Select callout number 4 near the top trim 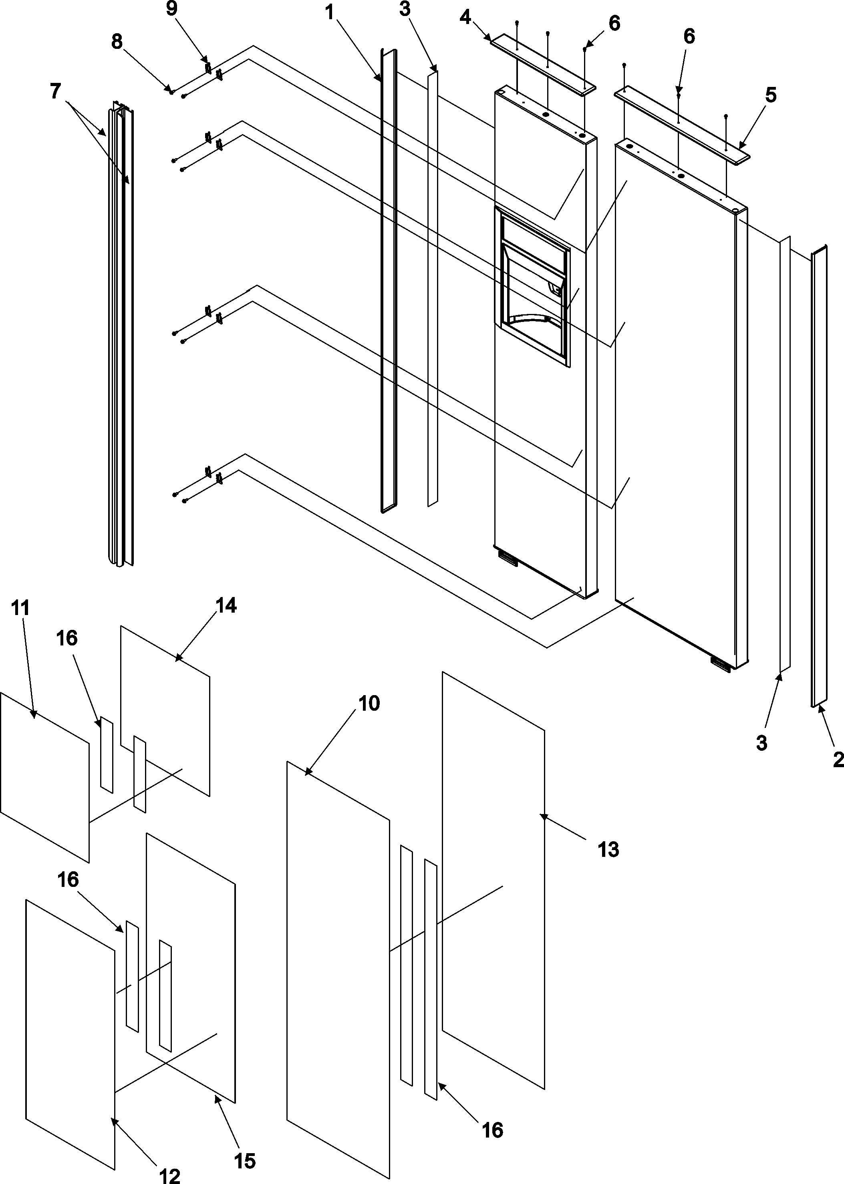point(465,18)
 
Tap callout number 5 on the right point(771,96)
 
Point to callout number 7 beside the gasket point(56,91)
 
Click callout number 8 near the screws point(117,42)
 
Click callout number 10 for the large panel point(369,704)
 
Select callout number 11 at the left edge point(21,608)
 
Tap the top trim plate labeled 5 point(681,123)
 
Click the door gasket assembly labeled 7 point(121,338)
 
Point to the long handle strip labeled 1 point(389,281)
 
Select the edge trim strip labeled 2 point(818,478)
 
